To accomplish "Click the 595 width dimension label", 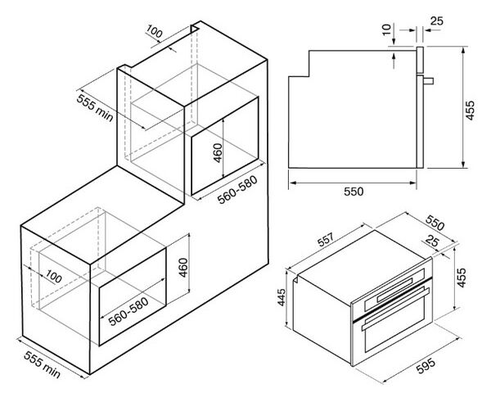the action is click(426, 366).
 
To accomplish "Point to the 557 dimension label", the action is click(326, 240).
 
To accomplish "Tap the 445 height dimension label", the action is click(282, 297).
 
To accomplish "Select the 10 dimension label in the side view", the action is click(387, 29).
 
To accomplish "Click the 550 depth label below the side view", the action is click(354, 192).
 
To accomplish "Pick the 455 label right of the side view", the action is click(470, 110).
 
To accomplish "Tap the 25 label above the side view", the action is click(437, 21).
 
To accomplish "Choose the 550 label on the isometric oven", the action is click(435, 222).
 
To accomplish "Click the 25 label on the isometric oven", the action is click(432, 241).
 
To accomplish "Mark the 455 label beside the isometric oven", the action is click(462, 278).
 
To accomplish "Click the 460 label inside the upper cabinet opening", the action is click(218, 153).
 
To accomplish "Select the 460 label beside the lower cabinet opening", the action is click(183, 268).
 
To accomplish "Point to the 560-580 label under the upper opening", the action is click(237, 190).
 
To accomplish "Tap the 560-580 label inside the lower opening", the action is click(128, 311).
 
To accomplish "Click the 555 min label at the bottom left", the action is click(42, 364).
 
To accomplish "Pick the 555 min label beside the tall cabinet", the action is click(95, 108).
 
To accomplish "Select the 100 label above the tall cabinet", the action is click(154, 31).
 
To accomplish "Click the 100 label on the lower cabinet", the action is click(53, 277).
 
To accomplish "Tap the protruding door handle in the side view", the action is click(428, 81).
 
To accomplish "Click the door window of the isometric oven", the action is click(394, 324).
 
